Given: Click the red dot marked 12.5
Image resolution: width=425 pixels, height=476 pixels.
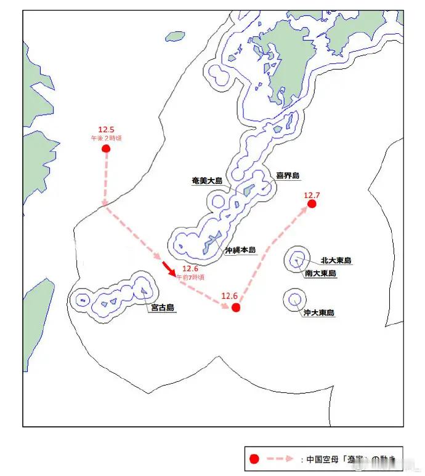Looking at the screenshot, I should [106, 149].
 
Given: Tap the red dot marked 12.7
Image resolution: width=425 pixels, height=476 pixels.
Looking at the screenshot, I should [312, 204].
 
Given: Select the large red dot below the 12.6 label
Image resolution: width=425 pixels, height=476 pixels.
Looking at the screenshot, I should [235, 307].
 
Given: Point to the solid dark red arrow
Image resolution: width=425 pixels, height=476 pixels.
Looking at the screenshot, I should [169, 268].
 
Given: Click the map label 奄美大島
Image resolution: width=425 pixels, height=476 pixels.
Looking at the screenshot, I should [207, 181].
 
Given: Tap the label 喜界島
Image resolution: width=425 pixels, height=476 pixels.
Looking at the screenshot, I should [287, 176].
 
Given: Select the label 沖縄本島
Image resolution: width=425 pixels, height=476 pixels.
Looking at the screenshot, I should [240, 250].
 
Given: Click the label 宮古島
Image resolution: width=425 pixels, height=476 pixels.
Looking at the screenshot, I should [163, 307].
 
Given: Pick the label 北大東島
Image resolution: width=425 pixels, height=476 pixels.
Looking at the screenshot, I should [336, 261].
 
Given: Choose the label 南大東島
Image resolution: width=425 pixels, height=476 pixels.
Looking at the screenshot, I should [320, 273].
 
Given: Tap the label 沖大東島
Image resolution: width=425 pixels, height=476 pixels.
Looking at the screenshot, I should [319, 313].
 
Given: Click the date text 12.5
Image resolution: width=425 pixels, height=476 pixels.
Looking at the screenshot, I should [106, 130].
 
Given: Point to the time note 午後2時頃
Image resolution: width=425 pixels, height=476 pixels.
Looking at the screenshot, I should [106, 138].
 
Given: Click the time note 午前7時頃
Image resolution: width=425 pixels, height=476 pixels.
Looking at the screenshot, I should [191, 277].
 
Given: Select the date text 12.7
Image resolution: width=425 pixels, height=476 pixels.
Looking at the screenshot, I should [312, 195].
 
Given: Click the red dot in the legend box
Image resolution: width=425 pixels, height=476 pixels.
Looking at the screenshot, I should [253, 459].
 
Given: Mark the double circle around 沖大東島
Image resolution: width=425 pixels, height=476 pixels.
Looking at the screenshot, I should [295, 299].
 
